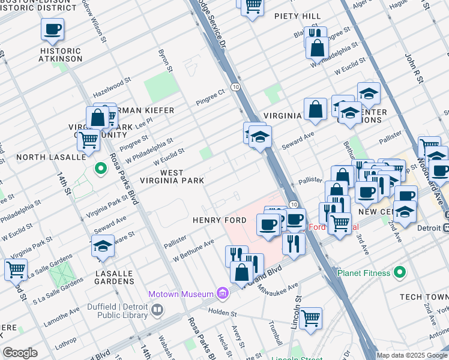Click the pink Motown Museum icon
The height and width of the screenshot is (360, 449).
pyautogui.click(x=223, y=293)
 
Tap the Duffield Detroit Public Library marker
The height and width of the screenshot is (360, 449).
pyautogui.click(x=157, y=310)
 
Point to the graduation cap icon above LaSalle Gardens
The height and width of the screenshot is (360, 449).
pyautogui.click(x=103, y=246)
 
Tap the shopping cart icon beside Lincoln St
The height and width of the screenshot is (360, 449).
pyautogui.click(x=311, y=318)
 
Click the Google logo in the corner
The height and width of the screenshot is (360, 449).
pyautogui.click(x=20, y=353)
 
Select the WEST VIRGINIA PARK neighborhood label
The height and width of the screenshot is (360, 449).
pyautogui.click(x=172, y=176)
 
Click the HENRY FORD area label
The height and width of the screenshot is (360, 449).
pyautogui.click(x=219, y=220)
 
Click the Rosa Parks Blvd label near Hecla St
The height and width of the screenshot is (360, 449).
pyautogui.click(x=196, y=338)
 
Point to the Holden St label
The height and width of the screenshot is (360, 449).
pyautogui.click(x=223, y=313)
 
